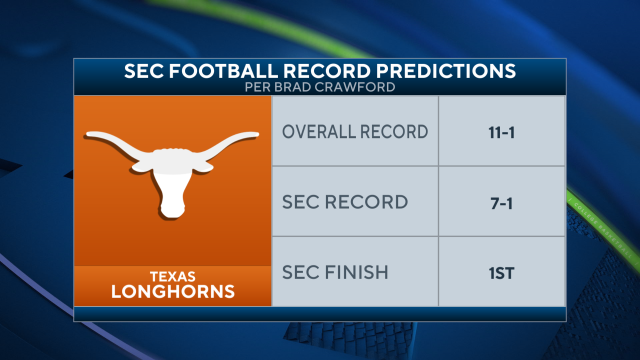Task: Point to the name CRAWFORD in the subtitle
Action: tap(358, 88)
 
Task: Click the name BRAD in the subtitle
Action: tap(309, 88)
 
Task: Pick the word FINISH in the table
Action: tap(369, 271)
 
